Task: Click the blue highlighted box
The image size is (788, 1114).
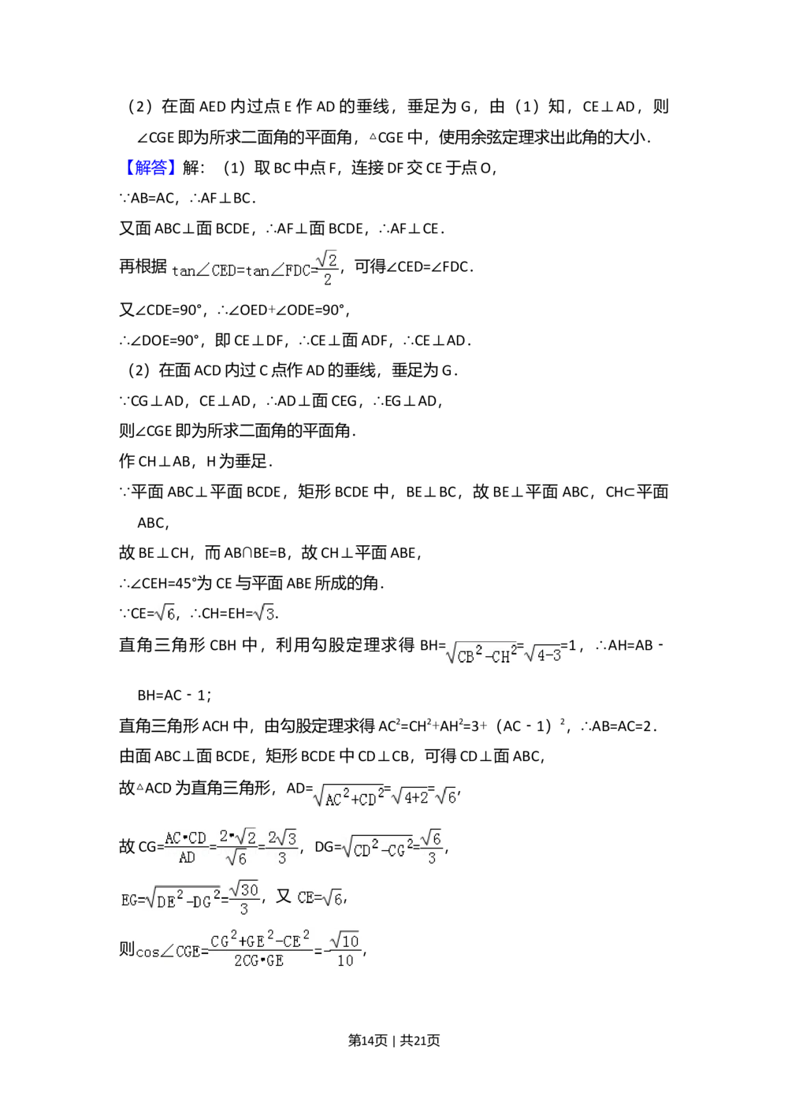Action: click(151, 167)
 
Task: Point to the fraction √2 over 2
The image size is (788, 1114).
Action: click(327, 269)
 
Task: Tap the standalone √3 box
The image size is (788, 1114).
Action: click(265, 612)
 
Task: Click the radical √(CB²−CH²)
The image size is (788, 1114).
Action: click(480, 654)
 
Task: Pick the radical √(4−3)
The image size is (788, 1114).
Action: click(542, 654)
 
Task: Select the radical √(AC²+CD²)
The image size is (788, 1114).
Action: click(348, 797)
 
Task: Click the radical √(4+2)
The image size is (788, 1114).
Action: click(411, 797)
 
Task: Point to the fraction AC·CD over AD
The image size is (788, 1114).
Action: click(186, 847)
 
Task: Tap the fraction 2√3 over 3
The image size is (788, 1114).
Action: click(282, 847)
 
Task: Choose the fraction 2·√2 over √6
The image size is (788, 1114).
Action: click(238, 847)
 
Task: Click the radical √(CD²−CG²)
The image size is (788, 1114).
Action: click(377, 848)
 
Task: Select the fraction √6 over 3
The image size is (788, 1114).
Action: click(431, 847)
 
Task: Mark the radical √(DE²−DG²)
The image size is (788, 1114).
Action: click(184, 900)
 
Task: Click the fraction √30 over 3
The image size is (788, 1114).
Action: click(244, 898)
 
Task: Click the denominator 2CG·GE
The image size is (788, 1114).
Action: click(258, 961)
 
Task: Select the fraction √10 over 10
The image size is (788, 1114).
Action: click(345, 949)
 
